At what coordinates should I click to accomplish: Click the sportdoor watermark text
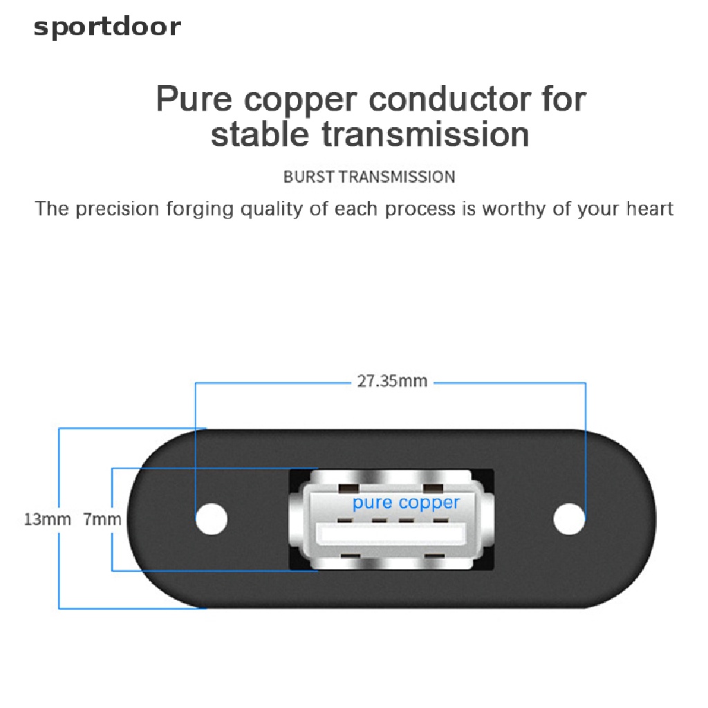[107, 27]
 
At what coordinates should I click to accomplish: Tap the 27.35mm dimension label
[392, 381]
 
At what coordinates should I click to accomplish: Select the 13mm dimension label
[47, 519]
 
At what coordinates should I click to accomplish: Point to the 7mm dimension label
[102, 519]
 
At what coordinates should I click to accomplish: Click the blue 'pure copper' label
[406, 503]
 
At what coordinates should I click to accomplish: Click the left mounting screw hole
[211, 519]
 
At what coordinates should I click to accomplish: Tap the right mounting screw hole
[569, 519]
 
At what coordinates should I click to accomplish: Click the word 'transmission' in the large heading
[426, 133]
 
